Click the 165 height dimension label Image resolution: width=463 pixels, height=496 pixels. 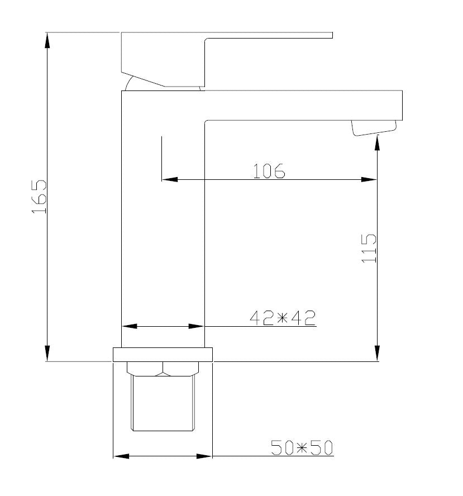point(39,197)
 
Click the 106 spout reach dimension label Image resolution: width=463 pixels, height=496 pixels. point(269,171)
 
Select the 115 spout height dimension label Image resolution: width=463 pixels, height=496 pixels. point(369,249)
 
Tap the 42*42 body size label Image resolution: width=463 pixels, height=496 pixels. point(283,318)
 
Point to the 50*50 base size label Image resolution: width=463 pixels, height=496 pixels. point(302,448)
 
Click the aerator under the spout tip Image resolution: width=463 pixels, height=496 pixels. point(374,128)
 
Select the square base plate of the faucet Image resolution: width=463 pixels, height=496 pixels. point(163,355)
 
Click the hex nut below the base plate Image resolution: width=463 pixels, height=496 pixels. point(163,369)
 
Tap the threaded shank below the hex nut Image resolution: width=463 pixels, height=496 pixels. point(163,403)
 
